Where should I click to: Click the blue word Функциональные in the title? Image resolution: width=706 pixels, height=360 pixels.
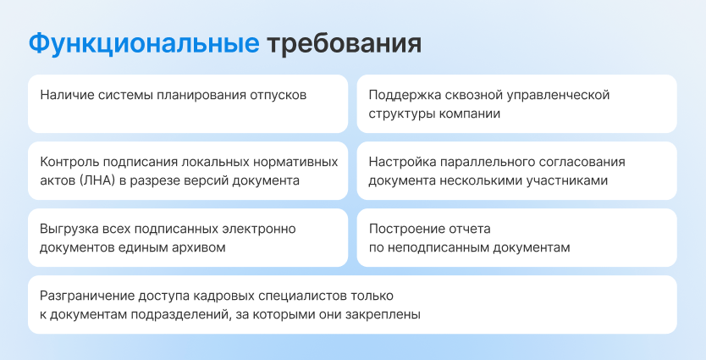(144, 44)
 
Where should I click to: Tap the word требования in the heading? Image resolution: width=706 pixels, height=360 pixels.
(344, 44)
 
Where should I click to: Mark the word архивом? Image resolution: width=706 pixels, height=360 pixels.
(199, 248)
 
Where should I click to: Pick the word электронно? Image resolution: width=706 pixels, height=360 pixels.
(259, 230)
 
